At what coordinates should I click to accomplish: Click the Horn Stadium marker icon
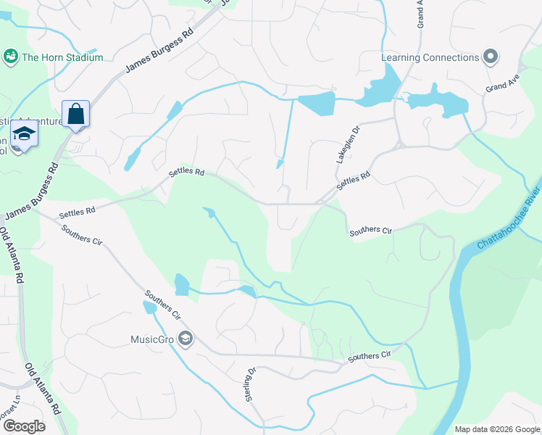click(x=11, y=57)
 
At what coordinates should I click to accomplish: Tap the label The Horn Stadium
click(x=62, y=57)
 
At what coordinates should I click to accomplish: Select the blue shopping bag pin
click(x=75, y=115)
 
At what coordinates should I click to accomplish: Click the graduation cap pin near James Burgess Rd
click(x=24, y=136)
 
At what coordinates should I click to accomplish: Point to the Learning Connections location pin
click(x=491, y=57)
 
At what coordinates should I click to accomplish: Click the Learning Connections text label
click(x=430, y=57)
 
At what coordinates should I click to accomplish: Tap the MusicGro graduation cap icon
click(x=186, y=339)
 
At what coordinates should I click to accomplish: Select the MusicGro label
click(x=152, y=339)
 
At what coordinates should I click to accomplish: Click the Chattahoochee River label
click(x=509, y=219)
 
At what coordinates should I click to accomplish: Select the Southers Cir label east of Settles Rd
click(x=370, y=231)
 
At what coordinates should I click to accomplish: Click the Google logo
click(x=23, y=426)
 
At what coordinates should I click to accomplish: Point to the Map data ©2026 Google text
click(x=496, y=429)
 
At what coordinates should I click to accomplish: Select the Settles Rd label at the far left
click(x=77, y=212)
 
